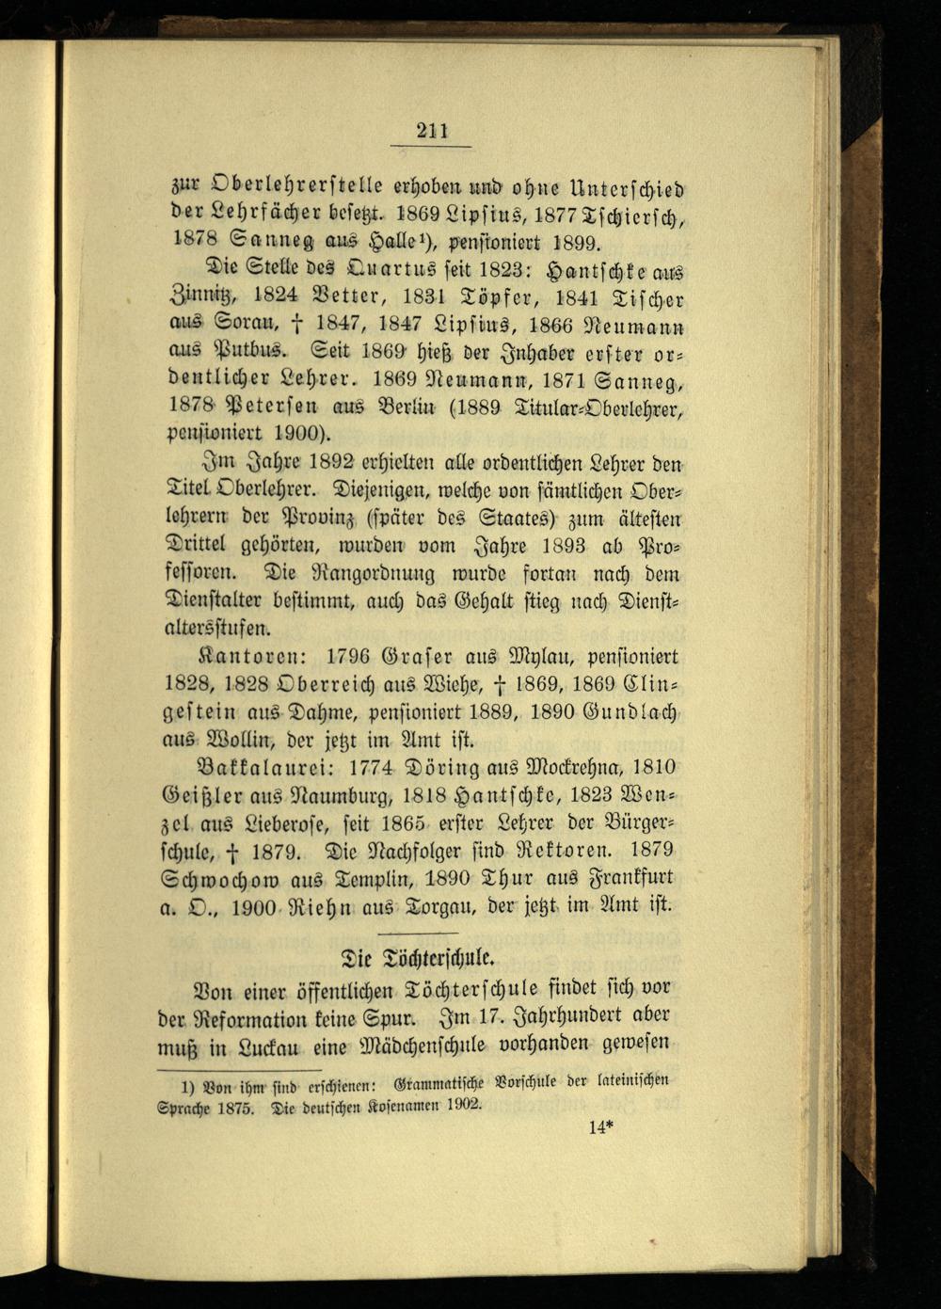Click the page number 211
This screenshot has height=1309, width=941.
pyautogui.click(x=432, y=131)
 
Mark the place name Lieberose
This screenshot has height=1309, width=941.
pyautogui.click(x=299, y=823)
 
